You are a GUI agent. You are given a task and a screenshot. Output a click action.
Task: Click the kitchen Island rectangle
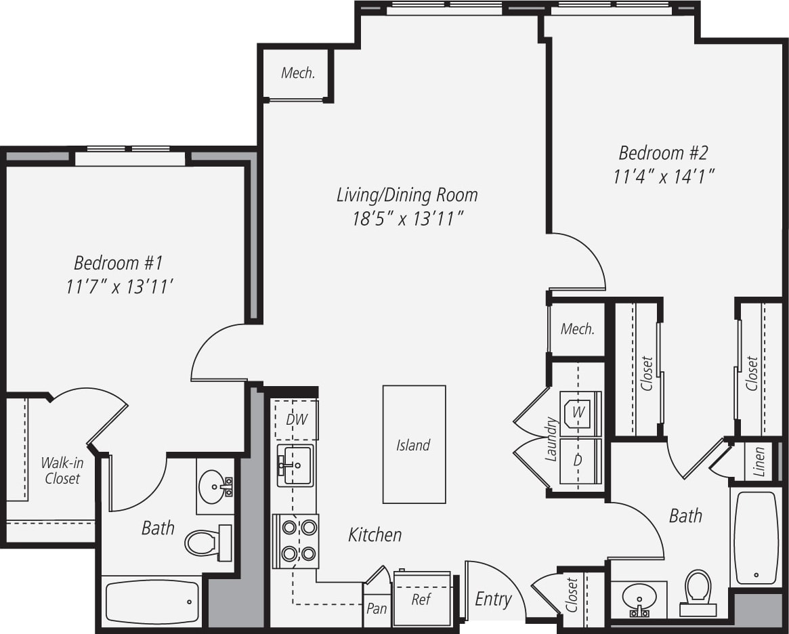pyautogui.click(x=414, y=444)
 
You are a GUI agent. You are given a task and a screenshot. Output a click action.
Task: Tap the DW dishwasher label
pyautogui.click(x=297, y=419)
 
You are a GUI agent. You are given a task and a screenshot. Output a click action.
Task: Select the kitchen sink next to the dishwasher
pyautogui.click(x=295, y=465)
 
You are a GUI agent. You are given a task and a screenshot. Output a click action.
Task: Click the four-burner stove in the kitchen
pyautogui.click(x=295, y=541)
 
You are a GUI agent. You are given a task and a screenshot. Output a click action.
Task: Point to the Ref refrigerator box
pyautogui.click(x=421, y=599)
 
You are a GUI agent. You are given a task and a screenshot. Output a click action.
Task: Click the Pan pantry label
pyautogui.click(x=377, y=608)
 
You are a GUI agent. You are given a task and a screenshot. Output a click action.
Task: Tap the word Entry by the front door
pyautogui.click(x=493, y=599)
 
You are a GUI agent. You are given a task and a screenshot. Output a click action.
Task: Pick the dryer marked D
pyautogui.click(x=578, y=461)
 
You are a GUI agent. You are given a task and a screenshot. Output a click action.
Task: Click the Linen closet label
pyautogui.click(x=759, y=462)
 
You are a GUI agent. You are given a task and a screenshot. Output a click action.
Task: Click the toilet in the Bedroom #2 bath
pyautogui.click(x=698, y=589)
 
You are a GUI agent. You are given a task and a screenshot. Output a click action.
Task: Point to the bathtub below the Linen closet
pyautogui.click(x=756, y=537)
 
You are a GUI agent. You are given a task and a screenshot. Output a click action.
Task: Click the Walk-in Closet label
pyautogui.click(x=62, y=471)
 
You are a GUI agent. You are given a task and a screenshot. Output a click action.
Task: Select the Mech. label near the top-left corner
pyautogui.click(x=298, y=73)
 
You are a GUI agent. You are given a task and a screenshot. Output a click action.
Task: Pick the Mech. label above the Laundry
pyautogui.click(x=578, y=329)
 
